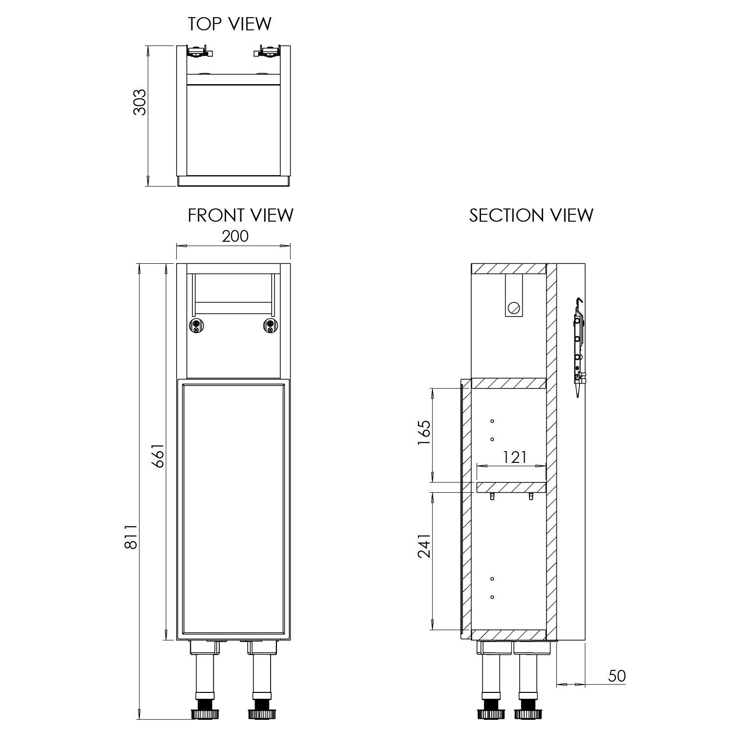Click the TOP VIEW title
tap(229, 24)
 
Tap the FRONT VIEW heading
tap(241, 215)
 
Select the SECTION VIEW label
tap(531, 215)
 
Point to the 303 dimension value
tap(140, 102)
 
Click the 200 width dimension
tap(235, 236)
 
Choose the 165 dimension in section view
tap(424, 433)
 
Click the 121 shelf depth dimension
tap(515, 457)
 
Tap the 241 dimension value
tap(424, 546)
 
